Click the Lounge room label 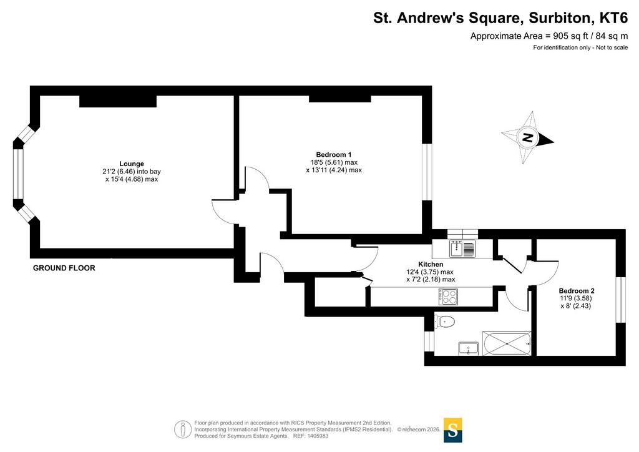tap(131, 164)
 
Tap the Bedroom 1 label tap(333, 154)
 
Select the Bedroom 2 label tap(576, 290)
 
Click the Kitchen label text tap(431, 264)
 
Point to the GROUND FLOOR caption tap(64, 268)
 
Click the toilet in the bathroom tap(444, 322)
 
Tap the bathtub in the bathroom tap(507, 343)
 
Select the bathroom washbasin tap(468, 348)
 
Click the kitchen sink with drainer tap(462, 248)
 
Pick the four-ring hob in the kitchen tap(448, 297)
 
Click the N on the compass tap(528, 137)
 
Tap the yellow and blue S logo tap(452, 430)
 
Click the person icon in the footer tap(183, 430)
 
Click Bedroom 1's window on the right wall tap(427, 172)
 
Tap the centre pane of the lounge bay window tap(18, 174)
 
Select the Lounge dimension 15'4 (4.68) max tap(131, 179)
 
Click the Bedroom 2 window tap(620, 300)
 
